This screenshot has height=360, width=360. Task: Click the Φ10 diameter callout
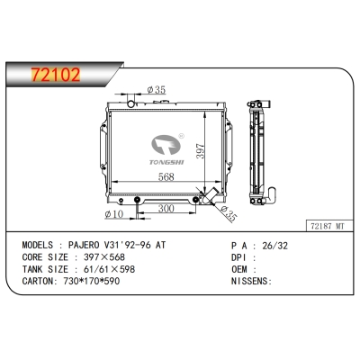(113, 213)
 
